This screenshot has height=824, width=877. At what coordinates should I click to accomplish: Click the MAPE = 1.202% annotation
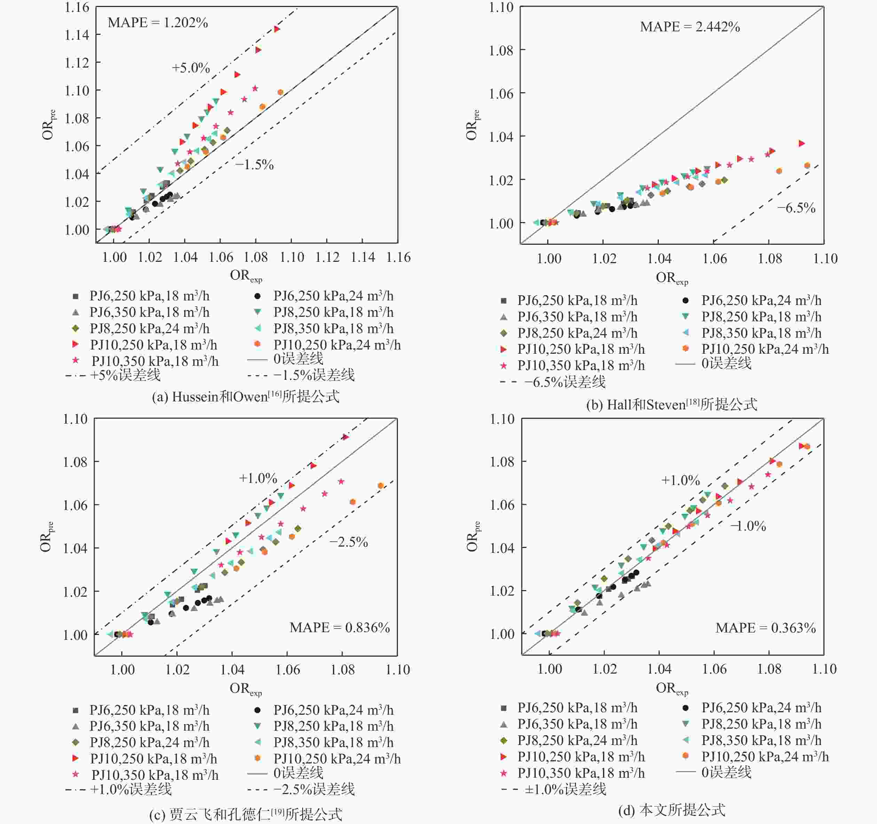point(158,23)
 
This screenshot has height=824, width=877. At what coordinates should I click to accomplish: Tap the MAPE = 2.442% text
point(689,27)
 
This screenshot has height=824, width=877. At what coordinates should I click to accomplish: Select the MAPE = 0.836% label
point(339,628)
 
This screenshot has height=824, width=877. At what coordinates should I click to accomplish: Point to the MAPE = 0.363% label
point(765,628)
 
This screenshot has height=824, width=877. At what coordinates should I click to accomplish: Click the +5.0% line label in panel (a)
point(191,68)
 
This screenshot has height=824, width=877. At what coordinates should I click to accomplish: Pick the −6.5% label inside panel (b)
point(796,208)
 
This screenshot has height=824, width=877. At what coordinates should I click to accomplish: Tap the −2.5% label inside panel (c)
point(348,542)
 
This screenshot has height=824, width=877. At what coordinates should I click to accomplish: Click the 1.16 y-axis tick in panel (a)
point(77,8)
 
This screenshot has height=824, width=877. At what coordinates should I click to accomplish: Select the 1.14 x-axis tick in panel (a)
point(363,257)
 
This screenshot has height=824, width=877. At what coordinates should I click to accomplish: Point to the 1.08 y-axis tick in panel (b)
point(501,50)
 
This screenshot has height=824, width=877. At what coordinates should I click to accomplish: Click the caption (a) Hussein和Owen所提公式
point(245,396)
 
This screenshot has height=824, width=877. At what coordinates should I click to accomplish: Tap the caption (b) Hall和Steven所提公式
point(671,404)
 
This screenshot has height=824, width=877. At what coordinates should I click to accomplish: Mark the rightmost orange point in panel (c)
point(381,486)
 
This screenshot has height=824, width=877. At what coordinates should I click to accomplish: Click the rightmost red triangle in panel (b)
point(801,143)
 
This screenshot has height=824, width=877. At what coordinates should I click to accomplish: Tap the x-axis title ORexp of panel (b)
point(671,278)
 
